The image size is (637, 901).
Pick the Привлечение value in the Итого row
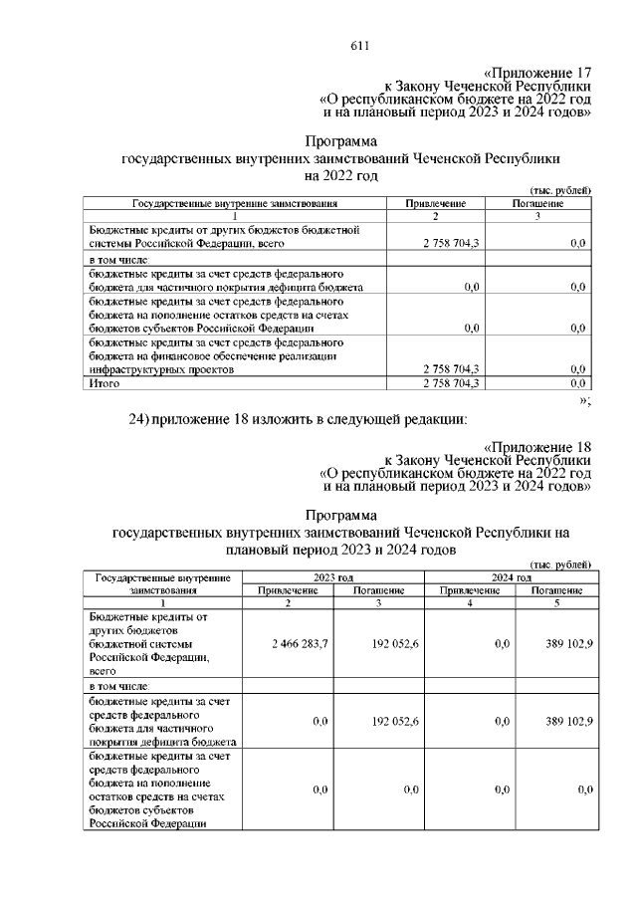pyautogui.click(x=452, y=382)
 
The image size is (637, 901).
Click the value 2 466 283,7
pyautogui.click(x=299, y=644)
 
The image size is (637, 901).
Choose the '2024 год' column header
pyautogui.click(x=510, y=577)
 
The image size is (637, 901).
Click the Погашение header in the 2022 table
pyautogui.click(x=538, y=203)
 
